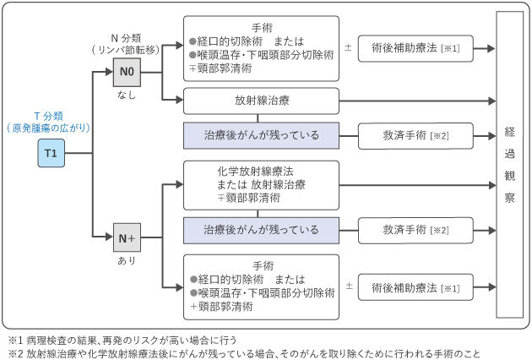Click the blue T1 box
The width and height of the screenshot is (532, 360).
coord(51,154)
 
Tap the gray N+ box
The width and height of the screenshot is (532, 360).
coord(126,237)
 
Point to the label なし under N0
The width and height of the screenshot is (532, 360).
coord(126,95)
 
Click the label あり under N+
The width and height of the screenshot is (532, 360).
coord(126,260)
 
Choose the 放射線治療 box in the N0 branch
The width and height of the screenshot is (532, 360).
coord(260,101)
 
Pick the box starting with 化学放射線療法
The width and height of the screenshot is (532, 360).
coord(260,184)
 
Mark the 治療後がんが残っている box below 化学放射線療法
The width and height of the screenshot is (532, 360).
coord(260,229)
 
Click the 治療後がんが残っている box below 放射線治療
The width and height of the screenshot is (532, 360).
coord(260,135)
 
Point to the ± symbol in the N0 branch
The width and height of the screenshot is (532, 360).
coord(348,48)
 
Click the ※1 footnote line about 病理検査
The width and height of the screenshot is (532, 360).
coord(127,336)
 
